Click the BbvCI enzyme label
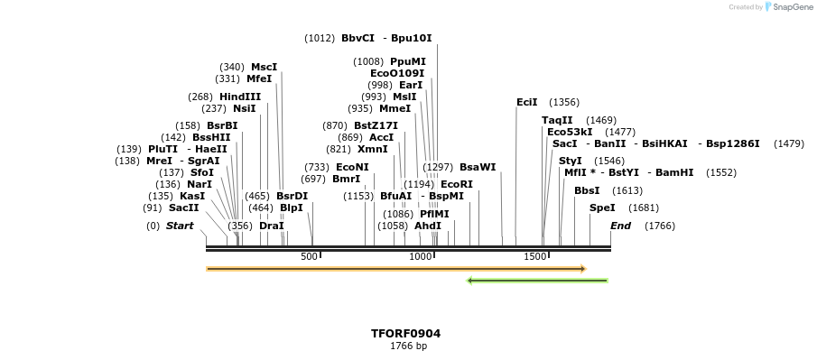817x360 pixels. click(x=357, y=38)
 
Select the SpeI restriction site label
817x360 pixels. click(x=602, y=208)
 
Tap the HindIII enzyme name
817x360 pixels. click(x=239, y=97)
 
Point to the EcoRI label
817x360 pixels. click(x=457, y=184)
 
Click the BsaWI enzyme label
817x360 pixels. click(x=478, y=167)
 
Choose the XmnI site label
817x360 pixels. click(x=373, y=149)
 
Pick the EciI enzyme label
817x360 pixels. click(x=526, y=102)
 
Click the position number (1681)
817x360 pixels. click(x=644, y=208)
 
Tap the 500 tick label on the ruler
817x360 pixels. click(x=310, y=256)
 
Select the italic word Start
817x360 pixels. click(x=180, y=226)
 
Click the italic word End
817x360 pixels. click(x=620, y=226)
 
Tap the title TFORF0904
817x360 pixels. click(x=406, y=333)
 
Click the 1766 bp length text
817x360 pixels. click(x=408, y=346)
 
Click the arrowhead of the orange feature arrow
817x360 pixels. click(x=583, y=269)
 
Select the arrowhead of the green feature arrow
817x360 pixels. click(x=470, y=281)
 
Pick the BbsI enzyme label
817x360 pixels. click(x=587, y=190)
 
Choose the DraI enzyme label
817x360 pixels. click(x=272, y=226)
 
